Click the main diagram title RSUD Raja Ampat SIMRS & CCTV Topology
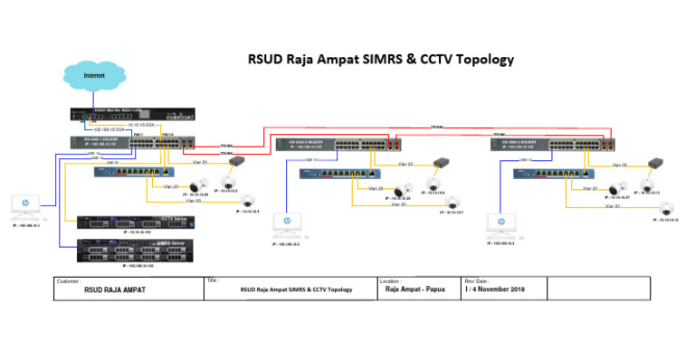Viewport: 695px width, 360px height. coord(380,60)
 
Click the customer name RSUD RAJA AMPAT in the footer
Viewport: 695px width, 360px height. coord(115,290)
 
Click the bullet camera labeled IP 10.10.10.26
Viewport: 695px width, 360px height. coord(194,185)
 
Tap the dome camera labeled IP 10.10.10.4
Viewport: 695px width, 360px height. coord(248,201)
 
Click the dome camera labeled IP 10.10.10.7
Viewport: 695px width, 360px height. coord(458,201)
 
